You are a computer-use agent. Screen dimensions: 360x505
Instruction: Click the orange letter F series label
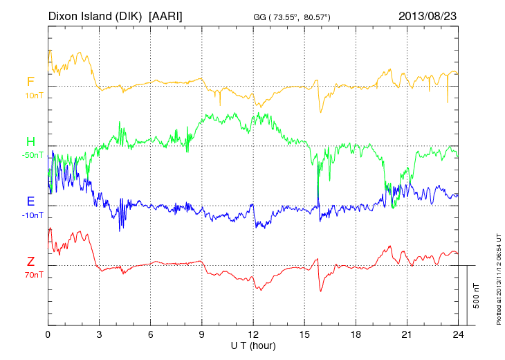click(30, 82)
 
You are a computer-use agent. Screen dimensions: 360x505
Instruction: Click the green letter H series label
click(30, 143)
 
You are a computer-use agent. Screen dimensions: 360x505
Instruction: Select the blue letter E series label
click(30, 202)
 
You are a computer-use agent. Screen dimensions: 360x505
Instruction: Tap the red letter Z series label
click(30, 262)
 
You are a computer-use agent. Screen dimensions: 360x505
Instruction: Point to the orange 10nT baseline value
click(33, 95)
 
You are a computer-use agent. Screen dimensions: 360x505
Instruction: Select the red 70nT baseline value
click(33, 274)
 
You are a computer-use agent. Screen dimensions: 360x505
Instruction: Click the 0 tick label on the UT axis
click(48, 334)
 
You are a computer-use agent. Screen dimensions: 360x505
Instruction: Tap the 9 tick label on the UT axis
click(202, 334)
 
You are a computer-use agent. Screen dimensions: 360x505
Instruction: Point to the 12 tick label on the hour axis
click(253, 334)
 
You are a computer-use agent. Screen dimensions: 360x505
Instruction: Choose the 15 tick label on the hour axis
click(304, 334)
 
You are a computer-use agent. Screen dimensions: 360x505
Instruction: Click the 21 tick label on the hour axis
click(407, 334)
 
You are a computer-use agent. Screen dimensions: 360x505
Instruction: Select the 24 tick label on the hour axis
click(458, 334)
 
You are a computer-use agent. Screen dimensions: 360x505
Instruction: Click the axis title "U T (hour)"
click(253, 345)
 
